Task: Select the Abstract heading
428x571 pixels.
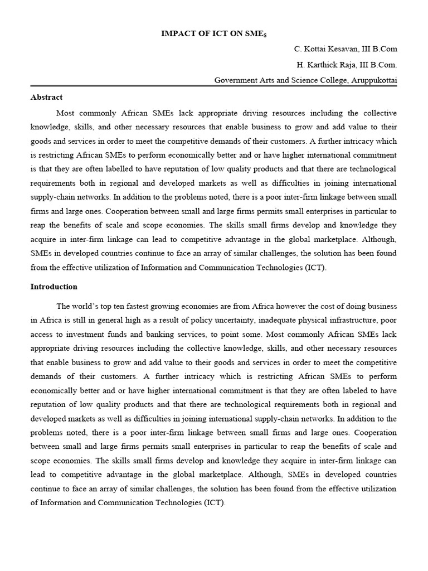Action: point(46,97)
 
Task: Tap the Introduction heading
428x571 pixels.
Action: point(54,287)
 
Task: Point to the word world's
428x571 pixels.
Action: point(86,306)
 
